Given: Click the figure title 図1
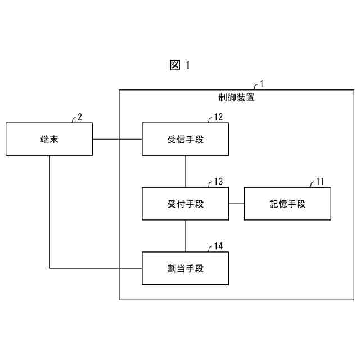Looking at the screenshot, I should [180, 65].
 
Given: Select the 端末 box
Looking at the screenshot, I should [49, 139].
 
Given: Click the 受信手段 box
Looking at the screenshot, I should [186, 139].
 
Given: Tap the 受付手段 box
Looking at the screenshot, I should [186, 204].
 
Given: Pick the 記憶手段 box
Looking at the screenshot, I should [287, 204].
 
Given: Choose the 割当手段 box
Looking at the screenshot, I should [186, 268].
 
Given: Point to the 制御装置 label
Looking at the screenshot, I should [236, 97].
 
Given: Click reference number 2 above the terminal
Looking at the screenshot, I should [80, 117].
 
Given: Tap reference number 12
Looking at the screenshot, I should [218, 117].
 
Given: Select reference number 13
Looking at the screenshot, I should [218, 182].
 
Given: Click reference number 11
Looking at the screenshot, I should [320, 182].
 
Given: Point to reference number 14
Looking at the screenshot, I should [218, 246].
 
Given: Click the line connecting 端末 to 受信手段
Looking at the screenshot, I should [118, 139].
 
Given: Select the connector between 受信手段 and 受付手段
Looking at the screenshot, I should [186, 172].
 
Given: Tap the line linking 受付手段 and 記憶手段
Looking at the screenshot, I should [236, 204].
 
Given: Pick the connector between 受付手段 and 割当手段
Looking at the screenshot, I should [186, 236].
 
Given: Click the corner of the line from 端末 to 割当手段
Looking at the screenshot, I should [49, 268].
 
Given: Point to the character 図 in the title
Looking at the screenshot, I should [174, 65].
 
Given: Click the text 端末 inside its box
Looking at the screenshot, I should [49, 139].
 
